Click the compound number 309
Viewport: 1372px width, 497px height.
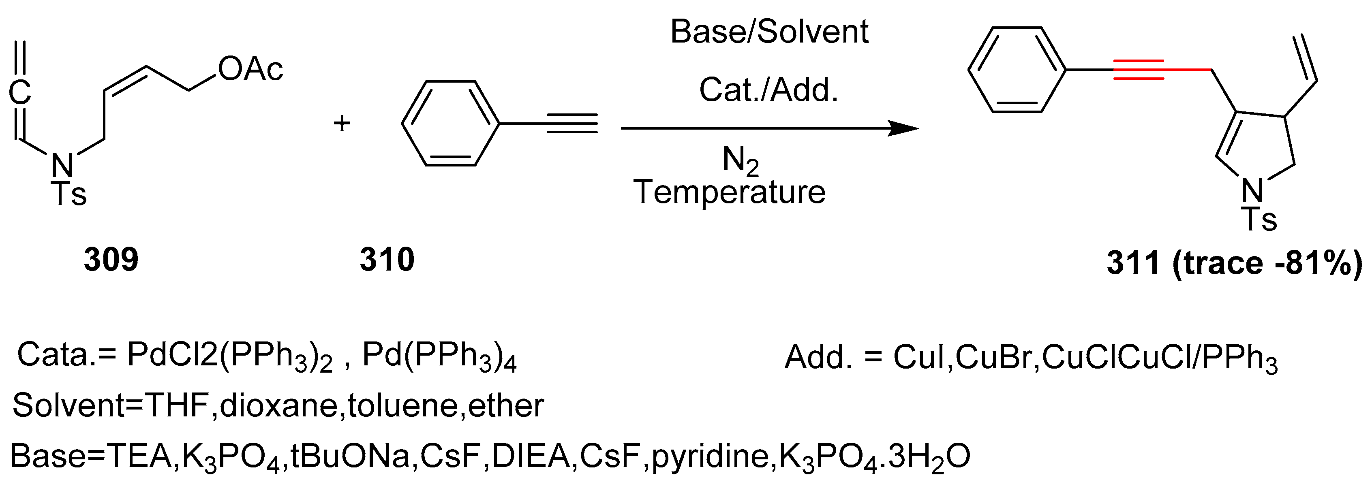click(111, 260)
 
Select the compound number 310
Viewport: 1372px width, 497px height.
click(387, 260)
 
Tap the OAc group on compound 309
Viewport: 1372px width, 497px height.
click(250, 69)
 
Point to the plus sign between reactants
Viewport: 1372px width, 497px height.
click(342, 124)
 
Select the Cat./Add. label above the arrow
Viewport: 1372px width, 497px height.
click(768, 90)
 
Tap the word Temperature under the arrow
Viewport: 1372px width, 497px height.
click(729, 192)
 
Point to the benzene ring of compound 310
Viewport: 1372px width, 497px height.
click(451, 124)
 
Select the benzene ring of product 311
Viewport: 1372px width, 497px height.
click(1017, 70)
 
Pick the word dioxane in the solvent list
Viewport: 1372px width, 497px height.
click(278, 406)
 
